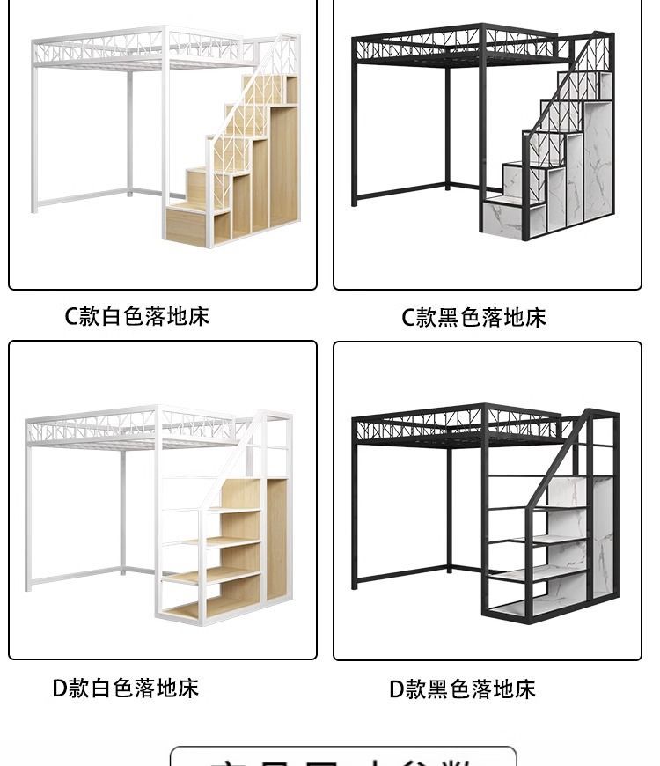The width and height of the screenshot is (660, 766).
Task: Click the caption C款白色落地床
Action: tap(137, 317)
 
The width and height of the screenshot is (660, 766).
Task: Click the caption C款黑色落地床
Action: tap(473, 318)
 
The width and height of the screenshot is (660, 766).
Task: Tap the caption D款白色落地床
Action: tap(126, 689)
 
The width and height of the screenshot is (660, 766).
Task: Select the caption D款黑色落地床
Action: tap(462, 689)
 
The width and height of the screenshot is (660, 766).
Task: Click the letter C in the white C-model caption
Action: tap(72, 317)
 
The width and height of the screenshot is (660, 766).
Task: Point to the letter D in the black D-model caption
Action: tap(397, 689)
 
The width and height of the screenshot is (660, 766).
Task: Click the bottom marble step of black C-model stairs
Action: tap(502, 220)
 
